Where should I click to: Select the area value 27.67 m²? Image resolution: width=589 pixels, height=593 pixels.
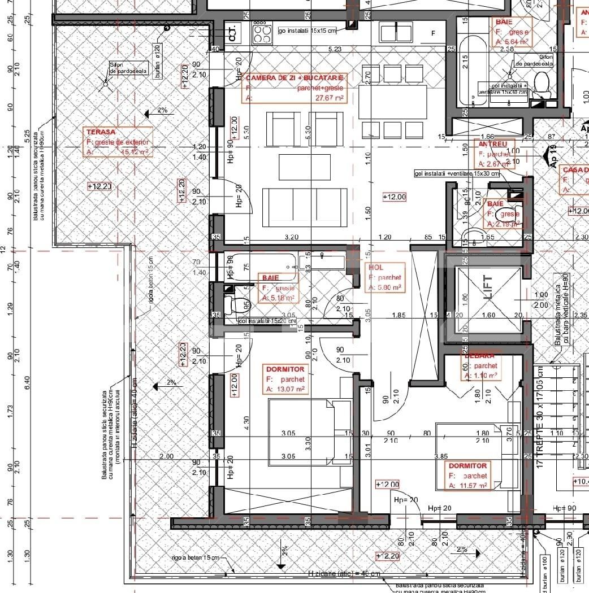pyautogui.click(x=330, y=98)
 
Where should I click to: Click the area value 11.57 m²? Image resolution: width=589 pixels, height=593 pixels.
pyautogui.click(x=472, y=485)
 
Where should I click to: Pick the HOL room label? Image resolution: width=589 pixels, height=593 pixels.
pyautogui.click(x=375, y=268)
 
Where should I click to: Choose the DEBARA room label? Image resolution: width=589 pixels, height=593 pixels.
pyautogui.click(x=479, y=356)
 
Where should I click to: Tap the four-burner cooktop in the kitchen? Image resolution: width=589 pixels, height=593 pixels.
pyautogui.click(x=262, y=33)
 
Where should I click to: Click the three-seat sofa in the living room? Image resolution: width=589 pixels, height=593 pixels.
pyautogui.click(x=305, y=208)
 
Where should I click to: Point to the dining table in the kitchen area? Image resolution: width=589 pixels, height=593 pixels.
pyautogui.click(x=392, y=102)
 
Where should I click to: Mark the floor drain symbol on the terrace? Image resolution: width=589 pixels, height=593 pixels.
pyautogui.click(x=105, y=83)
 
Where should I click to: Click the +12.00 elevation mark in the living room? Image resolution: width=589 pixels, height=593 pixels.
pyautogui.click(x=394, y=197)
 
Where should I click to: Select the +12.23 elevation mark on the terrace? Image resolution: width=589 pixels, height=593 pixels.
pyautogui.click(x=99, y=186)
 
